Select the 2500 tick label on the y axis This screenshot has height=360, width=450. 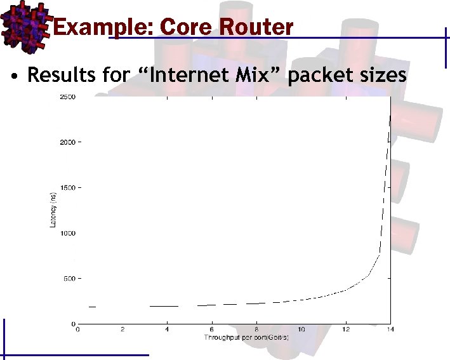[67, 97]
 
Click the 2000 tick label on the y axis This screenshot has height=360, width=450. [67, 142]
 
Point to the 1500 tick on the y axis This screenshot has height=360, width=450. [67, 188]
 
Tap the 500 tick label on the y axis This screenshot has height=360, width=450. [69, 279]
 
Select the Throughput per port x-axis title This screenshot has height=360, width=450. [246, 337]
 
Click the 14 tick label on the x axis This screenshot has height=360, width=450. [390, 330]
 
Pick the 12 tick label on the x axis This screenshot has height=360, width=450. [345, 330]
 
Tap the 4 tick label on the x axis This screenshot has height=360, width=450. [167, 330]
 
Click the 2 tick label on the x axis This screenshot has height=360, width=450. [122, 330]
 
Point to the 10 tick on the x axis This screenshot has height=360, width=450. [301, 330]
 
